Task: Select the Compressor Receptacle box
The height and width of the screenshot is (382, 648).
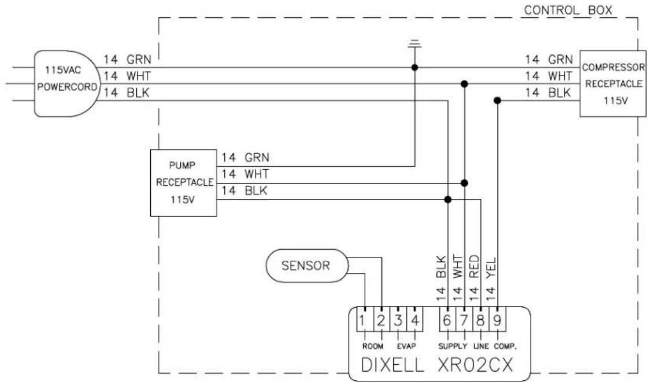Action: [613, 84]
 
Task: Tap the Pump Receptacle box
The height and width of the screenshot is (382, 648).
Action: [183, 183]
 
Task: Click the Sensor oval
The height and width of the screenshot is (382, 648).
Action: [306, 265]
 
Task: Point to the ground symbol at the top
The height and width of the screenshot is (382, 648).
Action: [414, 43]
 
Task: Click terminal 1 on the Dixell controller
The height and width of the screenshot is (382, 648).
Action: [365, 320]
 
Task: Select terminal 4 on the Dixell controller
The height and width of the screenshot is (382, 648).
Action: [415, 320]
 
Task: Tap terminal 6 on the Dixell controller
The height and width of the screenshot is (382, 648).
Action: [447, 320]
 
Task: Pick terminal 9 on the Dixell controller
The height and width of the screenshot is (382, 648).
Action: [498, 320]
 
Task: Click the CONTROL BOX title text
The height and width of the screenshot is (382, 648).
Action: [568, 10]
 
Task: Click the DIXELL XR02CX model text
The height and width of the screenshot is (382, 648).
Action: [437, 365]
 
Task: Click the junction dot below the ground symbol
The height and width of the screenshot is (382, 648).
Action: [414, 68]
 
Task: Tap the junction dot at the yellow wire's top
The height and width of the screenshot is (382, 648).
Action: [498, 100]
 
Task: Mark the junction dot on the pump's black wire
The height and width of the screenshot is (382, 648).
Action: [447, 200]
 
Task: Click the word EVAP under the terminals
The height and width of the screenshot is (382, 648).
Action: [406, 346]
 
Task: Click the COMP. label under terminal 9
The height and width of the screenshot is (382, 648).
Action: [505, 346]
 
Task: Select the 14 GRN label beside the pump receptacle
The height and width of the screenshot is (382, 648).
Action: [245, 158]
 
